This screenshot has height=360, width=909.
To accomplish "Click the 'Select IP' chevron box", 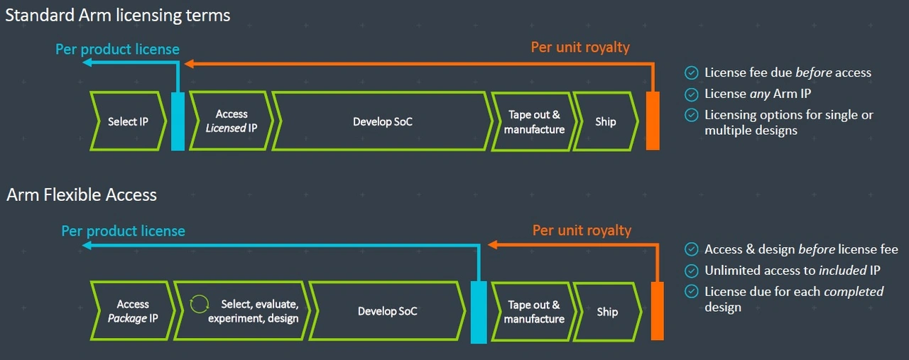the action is click(128, 121).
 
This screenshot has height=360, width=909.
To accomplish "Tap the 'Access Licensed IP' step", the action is click(231, 121).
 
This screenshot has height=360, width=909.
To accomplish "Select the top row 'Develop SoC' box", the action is click(382, 121).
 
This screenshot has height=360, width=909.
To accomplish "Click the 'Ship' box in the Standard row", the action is click(605, 121).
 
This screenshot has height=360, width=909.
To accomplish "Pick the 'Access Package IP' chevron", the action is click(132, 311).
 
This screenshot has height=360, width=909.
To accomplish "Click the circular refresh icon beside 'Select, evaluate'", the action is click(200, 304).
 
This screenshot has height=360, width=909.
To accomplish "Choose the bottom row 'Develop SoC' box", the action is click(387, 311).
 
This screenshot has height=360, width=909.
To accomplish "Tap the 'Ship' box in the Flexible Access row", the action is click(606, 312).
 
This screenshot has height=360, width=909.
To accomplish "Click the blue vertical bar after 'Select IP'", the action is click(178, 121).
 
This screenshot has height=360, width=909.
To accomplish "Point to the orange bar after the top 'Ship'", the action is click(653, 121).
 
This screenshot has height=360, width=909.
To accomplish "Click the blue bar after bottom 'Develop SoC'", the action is click(479, 312).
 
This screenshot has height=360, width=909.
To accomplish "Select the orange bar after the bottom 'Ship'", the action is click(658, 311).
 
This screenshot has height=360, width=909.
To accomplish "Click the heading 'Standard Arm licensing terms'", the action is click(118, 16).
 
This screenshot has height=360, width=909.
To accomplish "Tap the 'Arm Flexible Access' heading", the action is click(82, 195).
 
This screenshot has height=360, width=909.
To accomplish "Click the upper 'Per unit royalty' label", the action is click(580, 48).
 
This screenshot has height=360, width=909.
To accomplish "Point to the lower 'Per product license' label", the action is click(123, 231).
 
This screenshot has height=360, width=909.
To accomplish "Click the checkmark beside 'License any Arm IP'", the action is click(692, 94).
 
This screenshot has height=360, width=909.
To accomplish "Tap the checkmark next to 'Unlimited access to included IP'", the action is click(692, 271).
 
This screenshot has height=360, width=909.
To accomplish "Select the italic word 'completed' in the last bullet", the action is click(854, 291).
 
